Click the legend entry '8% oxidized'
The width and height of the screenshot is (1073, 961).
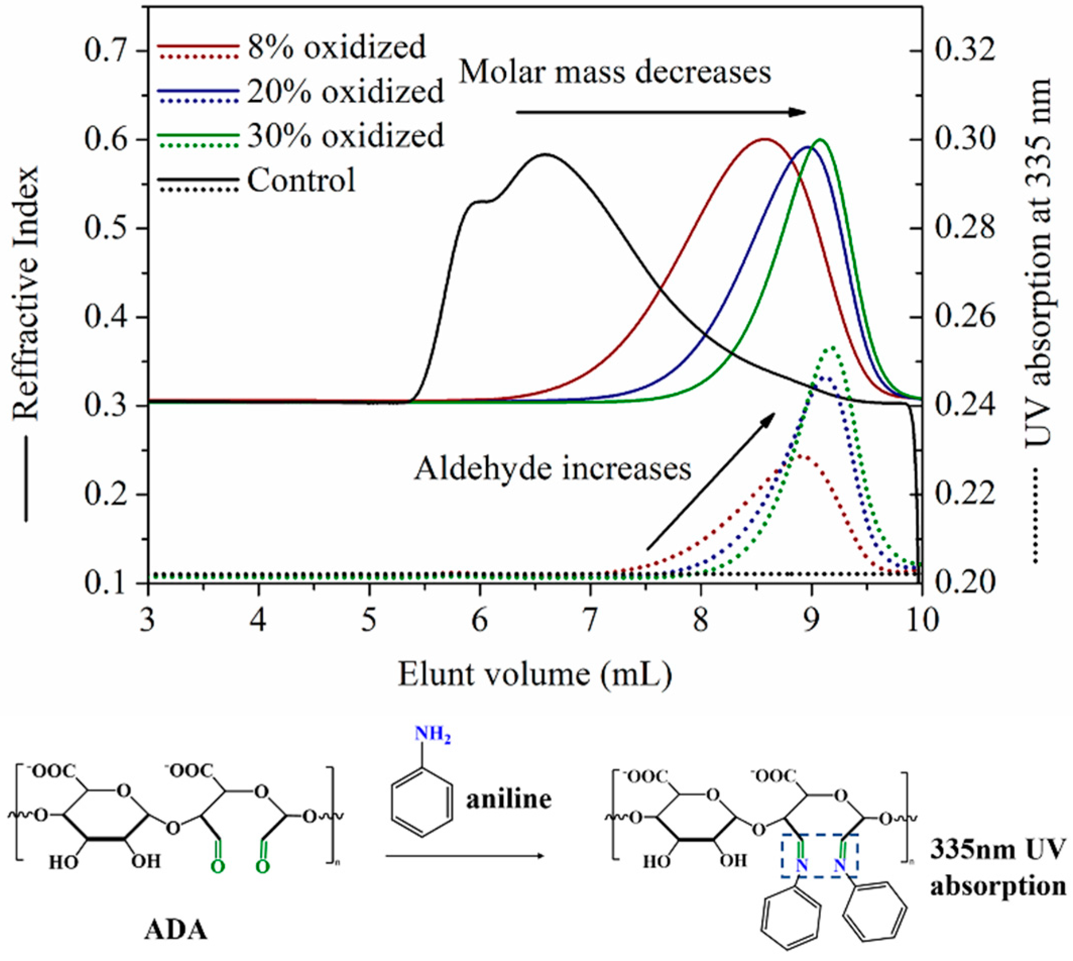pyautogui.click(x=336, y=47)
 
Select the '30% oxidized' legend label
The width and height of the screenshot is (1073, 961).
pyautogui.click(x=345, y=136)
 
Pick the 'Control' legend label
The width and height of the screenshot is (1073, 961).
pyautogui.click(x=302, y=181)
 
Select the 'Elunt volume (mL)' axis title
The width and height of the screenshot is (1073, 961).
pyautogui.click(x=534, y=675)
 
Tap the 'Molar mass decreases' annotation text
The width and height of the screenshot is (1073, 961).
pyautogui.click(x=615, y=72)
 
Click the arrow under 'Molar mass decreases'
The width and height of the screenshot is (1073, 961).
pyautogui.click(x=660, y=112)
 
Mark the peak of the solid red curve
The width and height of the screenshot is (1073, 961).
pyautogui.click(x=764, y=139)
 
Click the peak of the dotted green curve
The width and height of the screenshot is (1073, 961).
pyautogui.click(x=833, y=347)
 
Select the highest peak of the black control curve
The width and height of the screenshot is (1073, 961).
pyautogui.click(x=546, y=154)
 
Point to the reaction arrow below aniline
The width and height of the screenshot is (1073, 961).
pyautogui.click(x=465, y=856)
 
